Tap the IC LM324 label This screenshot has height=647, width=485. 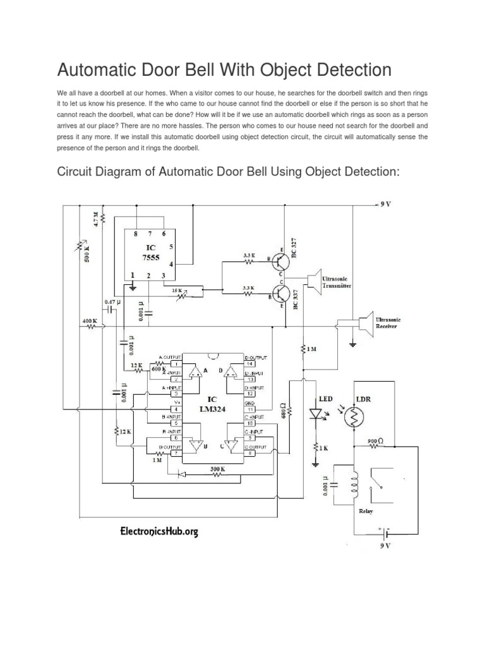tap(212, 405)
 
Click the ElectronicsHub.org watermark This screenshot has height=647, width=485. tap(159, 532)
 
